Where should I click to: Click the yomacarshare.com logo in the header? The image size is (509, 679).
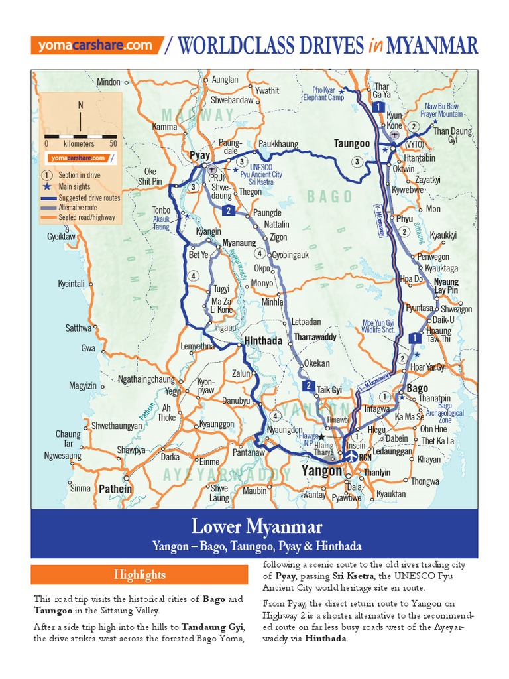tap(96, 46)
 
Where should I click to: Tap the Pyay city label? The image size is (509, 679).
tap(199, 155)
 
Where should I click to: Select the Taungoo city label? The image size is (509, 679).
tap(351, 143)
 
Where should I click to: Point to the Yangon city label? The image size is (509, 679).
tap(322, 471)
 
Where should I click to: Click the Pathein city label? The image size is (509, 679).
tap(115, 489)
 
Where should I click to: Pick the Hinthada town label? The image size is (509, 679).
tap(263, 340)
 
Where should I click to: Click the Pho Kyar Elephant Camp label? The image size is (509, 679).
tap(329, 93)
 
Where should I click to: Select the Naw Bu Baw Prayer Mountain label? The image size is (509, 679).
tap(443, 110)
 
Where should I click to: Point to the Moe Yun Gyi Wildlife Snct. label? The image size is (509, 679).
tap(378, 326)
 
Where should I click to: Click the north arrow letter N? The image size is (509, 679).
tap(81, 105)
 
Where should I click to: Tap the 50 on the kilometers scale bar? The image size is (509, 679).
tap(113, 143)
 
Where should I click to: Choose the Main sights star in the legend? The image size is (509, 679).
tap(46, 187)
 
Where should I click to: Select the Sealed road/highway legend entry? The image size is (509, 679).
tap(86, 217)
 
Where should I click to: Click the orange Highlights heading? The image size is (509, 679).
tap(139, 574)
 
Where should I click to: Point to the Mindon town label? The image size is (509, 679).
tap(109, 82)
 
